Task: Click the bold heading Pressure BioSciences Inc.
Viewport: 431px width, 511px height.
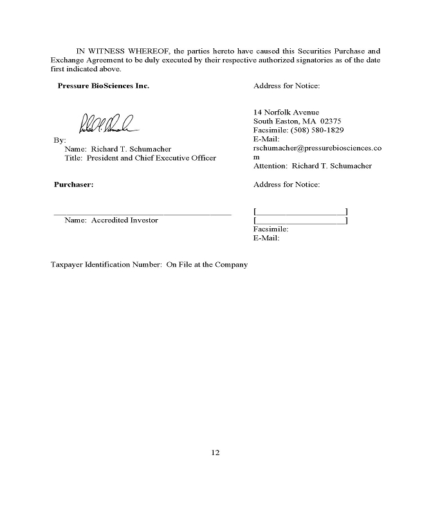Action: pyautogui.click(x=103, y=85)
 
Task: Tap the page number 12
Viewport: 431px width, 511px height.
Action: pyautogui.click(x=215, y=452)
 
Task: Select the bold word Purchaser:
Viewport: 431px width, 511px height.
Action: pyautogui.click(x=73, y=184)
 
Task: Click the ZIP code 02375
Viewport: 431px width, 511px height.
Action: pyautogui.click(x=330, y=121)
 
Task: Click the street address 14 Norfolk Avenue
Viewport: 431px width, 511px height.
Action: pyautogui.click(x=286, y=112)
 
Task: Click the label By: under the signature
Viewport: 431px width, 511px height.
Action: pyautogui.click(x=59, y=139)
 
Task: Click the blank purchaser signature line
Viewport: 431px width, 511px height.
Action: pyautogui.click(x=142, y=213)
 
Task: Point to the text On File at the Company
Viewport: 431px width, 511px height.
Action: pyautogui.click(x=207, y=264)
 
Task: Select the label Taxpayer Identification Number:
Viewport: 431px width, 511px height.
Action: pyautogui.click(x=107, y=264)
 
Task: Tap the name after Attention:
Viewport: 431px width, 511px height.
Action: pyautogui.click(x=332, y=166)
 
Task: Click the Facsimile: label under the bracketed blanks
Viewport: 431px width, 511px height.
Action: pyautogui.click(x=271, y=229)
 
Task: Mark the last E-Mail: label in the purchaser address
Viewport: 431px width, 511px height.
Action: pyautogui.click(x=267, y=238)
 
